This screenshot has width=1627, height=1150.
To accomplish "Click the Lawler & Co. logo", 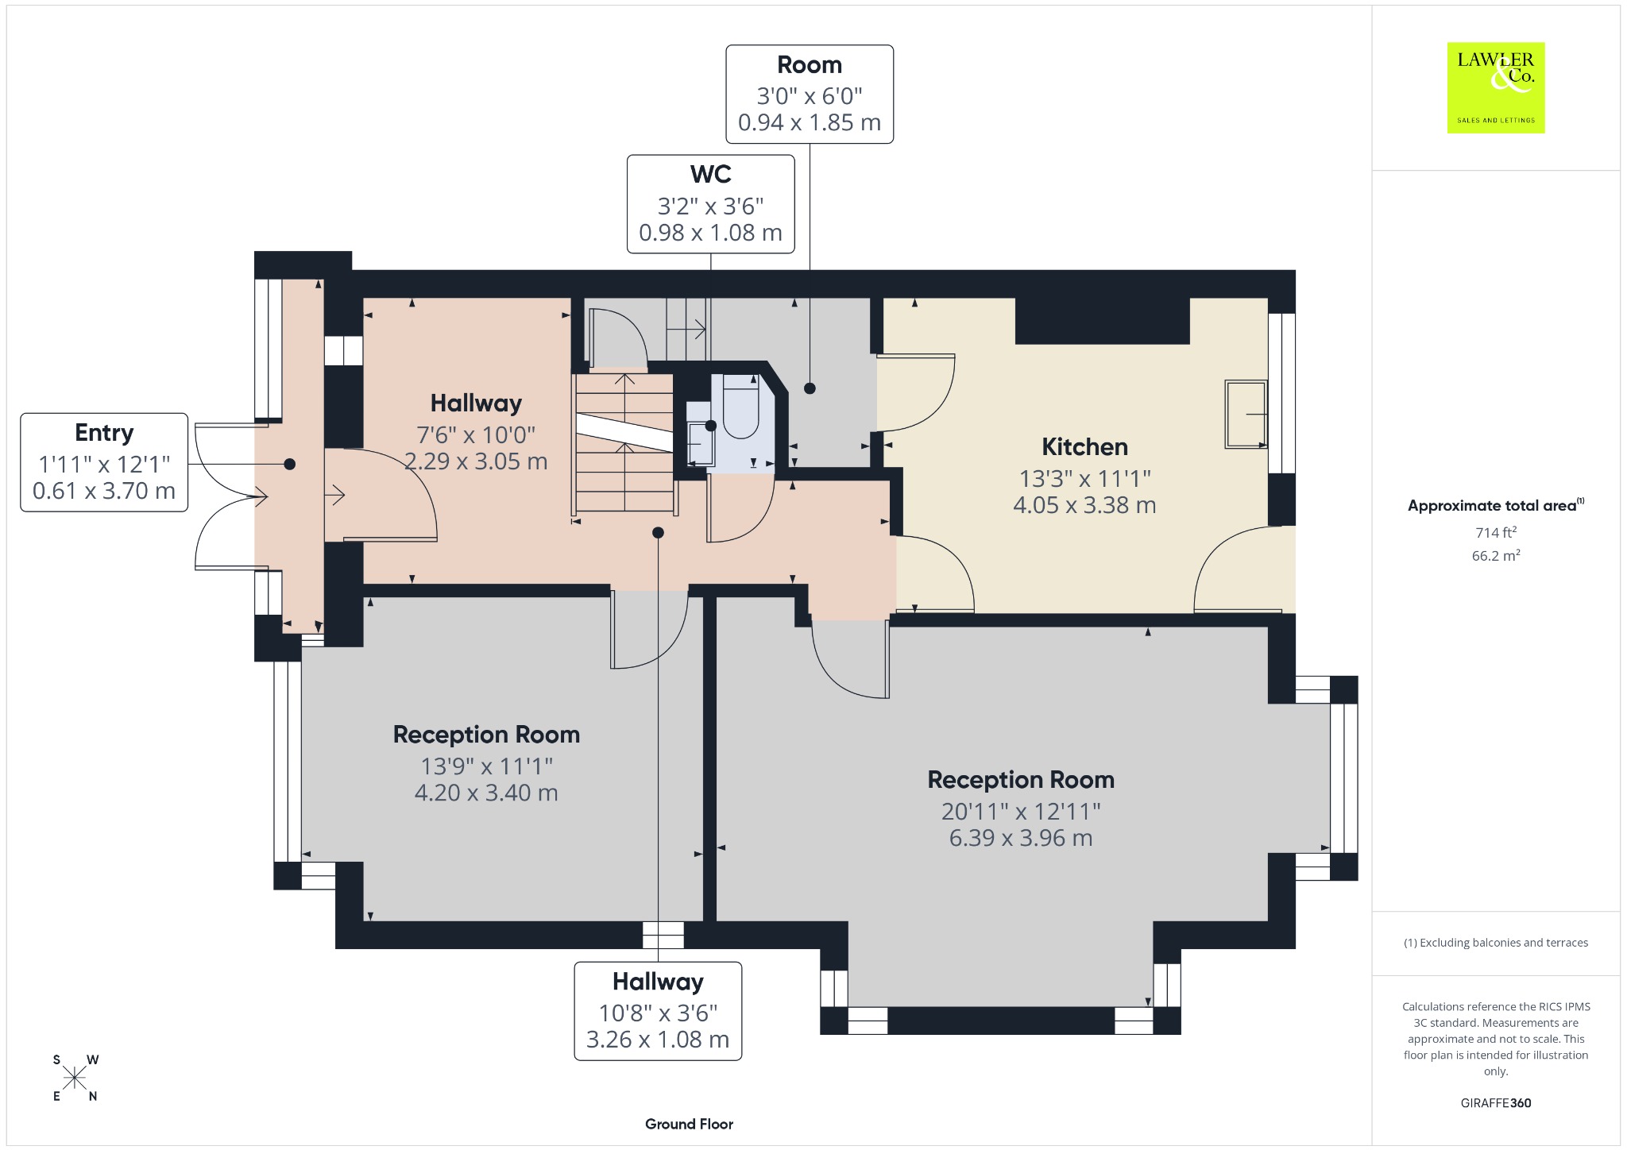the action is click(1495, 87).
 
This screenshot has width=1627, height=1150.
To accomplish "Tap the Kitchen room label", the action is click(1084, 447).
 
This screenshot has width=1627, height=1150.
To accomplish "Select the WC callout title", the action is click(710, 174).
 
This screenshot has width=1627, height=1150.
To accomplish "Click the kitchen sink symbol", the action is click(1246, 415).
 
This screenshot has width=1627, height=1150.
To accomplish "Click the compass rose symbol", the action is click(75, 1078).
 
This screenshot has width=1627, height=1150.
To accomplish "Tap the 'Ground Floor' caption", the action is click(689, 1124).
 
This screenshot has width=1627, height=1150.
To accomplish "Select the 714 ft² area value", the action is click(1496, 532).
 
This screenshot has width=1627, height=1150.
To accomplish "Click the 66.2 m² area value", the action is click(1496, 555).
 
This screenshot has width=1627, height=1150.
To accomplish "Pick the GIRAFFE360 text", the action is click(1496, 1102).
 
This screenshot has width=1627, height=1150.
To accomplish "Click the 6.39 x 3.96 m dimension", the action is click(1021, 838).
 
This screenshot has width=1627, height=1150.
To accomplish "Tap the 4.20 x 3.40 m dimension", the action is click(486, 793).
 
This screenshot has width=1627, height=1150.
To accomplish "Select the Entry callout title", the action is click(104, 433).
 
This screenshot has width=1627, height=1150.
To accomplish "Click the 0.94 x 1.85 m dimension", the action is click(810, 122).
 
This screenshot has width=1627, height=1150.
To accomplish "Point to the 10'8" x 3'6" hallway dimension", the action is click(658, 1013).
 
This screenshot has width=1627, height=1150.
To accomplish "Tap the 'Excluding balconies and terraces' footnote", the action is click(1496, 943).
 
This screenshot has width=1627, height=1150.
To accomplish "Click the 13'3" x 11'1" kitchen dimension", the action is click(1084, 478).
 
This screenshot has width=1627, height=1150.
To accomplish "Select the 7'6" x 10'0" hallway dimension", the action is click(476, 434).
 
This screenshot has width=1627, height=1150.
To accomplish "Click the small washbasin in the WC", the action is click(699, 442).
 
